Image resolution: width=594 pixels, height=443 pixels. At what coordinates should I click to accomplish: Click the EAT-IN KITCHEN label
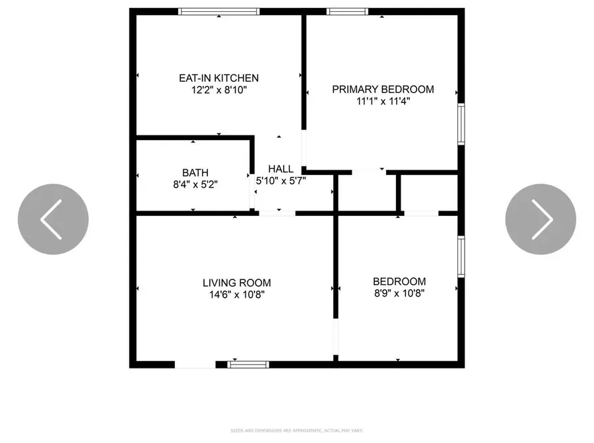(x=218, y=78)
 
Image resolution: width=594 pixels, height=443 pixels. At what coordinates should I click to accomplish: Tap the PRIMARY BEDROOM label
(x=383, y=89)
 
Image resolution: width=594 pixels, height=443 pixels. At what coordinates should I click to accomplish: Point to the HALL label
(x=280, y=169)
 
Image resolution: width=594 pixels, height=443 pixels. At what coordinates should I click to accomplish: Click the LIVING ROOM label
(x=236, y=283)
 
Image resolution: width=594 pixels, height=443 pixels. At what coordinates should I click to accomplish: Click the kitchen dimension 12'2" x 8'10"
(x=218, y=90)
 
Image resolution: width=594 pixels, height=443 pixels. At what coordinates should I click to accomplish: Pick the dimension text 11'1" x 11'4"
(x=383, y=101)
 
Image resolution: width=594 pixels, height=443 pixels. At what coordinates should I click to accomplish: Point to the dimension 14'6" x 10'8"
(x=236, y=294)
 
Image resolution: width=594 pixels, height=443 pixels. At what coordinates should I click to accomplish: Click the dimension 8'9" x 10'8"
(x=399, y=293)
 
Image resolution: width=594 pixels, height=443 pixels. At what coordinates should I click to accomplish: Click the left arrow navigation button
(x=53, y=219)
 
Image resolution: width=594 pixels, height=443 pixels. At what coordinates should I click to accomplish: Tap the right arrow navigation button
(x=541, y=219)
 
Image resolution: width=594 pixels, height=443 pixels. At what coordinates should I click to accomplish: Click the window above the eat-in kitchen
(x=219, y=11)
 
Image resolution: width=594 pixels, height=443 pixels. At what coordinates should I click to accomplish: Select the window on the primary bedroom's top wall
(x=348, y=11)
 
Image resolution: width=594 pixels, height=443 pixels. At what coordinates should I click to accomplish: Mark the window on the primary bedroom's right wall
(x=461, y=123)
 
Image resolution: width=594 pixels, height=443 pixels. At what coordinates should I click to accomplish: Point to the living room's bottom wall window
(x=248, y=364)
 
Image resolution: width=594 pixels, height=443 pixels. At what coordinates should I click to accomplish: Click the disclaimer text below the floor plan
(x=296, y=431)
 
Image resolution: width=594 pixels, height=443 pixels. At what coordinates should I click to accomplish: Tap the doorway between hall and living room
(x=277, y=213)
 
